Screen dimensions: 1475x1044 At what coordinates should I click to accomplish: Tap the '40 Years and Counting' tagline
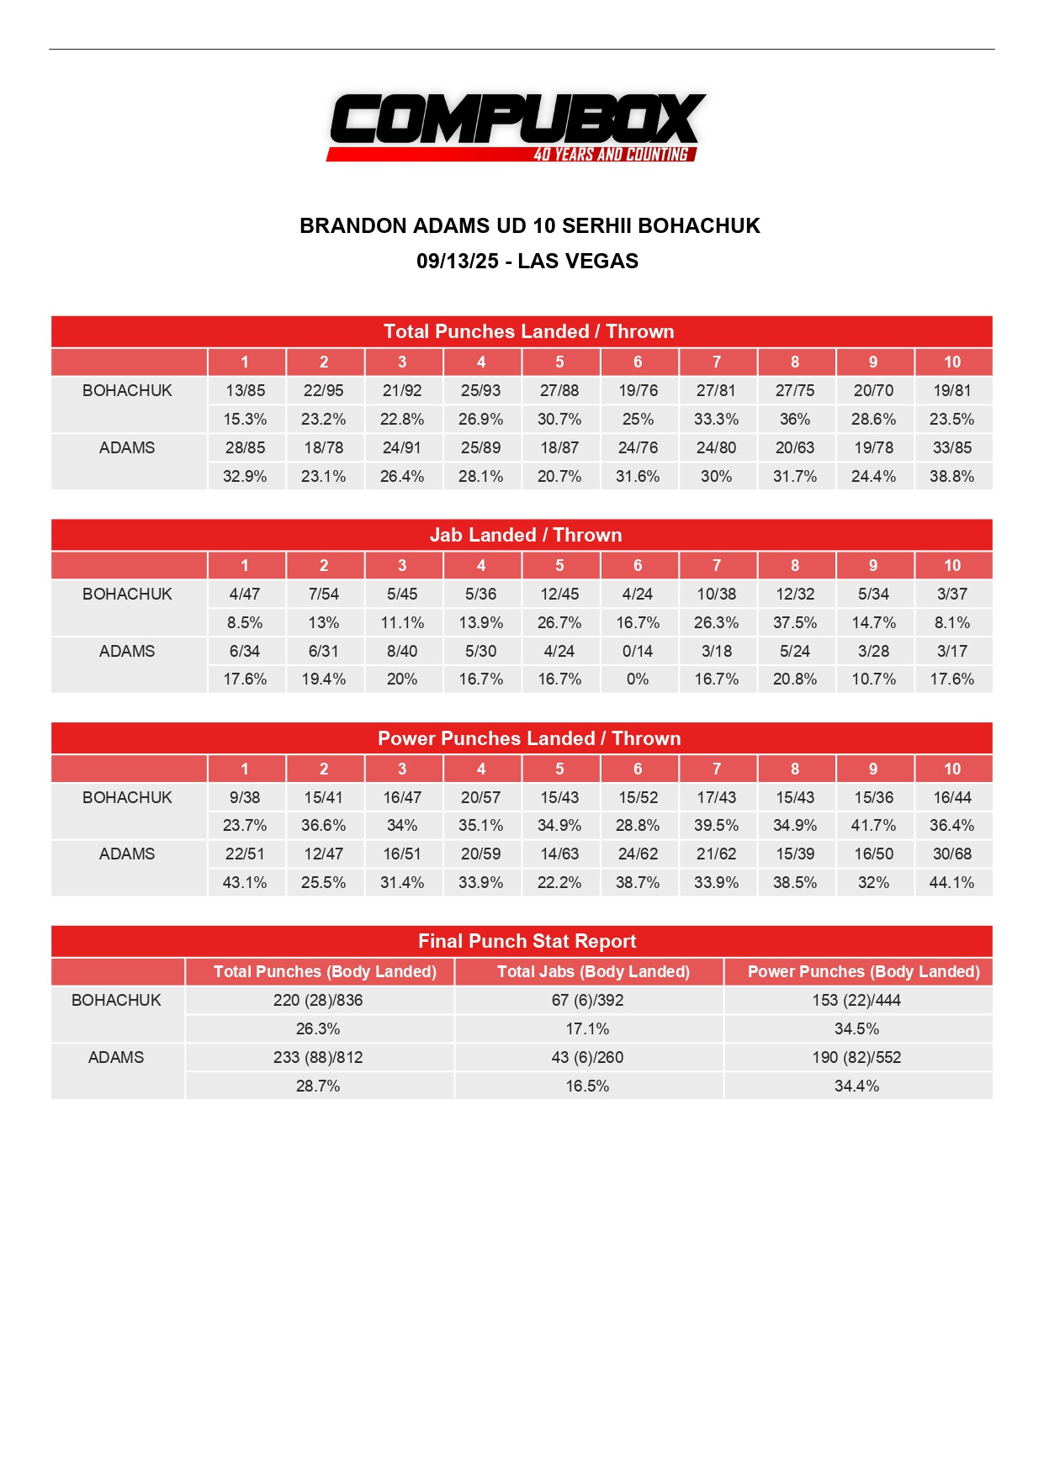[611, 155]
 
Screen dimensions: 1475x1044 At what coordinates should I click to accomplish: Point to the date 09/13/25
[457, 261]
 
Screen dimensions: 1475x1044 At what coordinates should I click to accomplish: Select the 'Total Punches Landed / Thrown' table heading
[528, 331]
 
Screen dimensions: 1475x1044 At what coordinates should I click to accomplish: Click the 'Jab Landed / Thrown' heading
[526, 535]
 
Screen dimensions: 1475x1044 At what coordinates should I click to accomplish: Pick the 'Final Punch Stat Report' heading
[527, 941]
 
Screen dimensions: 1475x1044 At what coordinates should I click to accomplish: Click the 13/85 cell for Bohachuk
[245, 390]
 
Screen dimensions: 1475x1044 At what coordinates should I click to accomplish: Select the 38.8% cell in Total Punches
[951, 476]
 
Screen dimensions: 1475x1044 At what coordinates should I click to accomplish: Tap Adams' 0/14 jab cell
[638, 651]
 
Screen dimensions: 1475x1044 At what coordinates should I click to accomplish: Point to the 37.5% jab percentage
[795, 622]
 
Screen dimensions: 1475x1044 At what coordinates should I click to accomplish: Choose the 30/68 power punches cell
[951, 854]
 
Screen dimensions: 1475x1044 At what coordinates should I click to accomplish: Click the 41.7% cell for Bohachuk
[873, 825]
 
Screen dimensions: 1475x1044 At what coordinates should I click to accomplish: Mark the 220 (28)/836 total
[318, 1000]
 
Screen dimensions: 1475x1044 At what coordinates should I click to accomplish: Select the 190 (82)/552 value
[856, 1057]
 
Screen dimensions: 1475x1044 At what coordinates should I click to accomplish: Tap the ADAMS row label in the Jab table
[127, 651]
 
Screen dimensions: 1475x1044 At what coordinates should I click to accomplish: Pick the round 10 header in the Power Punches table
[951, 769]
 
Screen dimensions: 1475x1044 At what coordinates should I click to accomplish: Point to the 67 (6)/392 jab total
[587, 1000]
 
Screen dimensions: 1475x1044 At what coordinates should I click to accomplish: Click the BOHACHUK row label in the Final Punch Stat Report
[116, 1000]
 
